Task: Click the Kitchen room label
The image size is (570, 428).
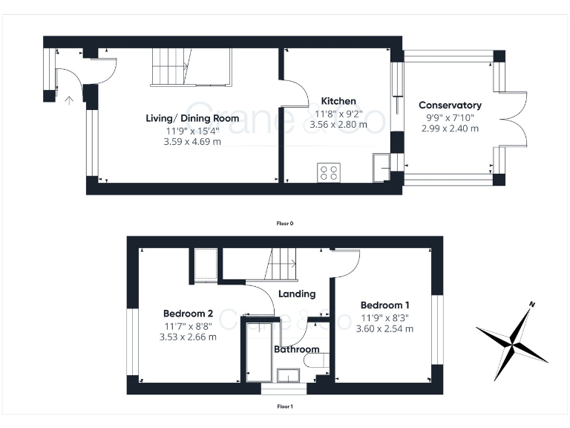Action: coord(338,101)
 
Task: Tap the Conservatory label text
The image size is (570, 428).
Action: coord(450,106)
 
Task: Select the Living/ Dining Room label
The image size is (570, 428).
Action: coord(192,118)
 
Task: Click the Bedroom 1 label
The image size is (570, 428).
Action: coord(384,305)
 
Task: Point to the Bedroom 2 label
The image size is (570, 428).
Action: coord(188,313)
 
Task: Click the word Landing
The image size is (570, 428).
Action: coord(297,294)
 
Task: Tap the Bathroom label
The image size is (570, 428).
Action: coord(297,349)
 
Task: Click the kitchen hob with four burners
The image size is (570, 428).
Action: coord(328,172)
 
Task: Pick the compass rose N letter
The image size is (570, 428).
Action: coord(532,305)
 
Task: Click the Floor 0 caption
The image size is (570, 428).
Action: coord(285,223)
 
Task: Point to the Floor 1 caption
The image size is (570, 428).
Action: coord(285,406)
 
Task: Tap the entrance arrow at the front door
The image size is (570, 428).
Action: coord(69,99)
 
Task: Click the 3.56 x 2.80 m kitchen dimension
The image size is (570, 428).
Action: coord(338,125)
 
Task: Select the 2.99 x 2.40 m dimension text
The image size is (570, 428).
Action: coord(450,128)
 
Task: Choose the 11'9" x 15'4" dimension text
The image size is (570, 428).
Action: coord(192,131)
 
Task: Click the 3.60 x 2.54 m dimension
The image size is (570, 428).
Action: coord(384,328)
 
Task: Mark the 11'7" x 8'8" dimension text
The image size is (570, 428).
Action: coord(188,325)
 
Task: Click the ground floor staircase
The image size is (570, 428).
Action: coord(171,67)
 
